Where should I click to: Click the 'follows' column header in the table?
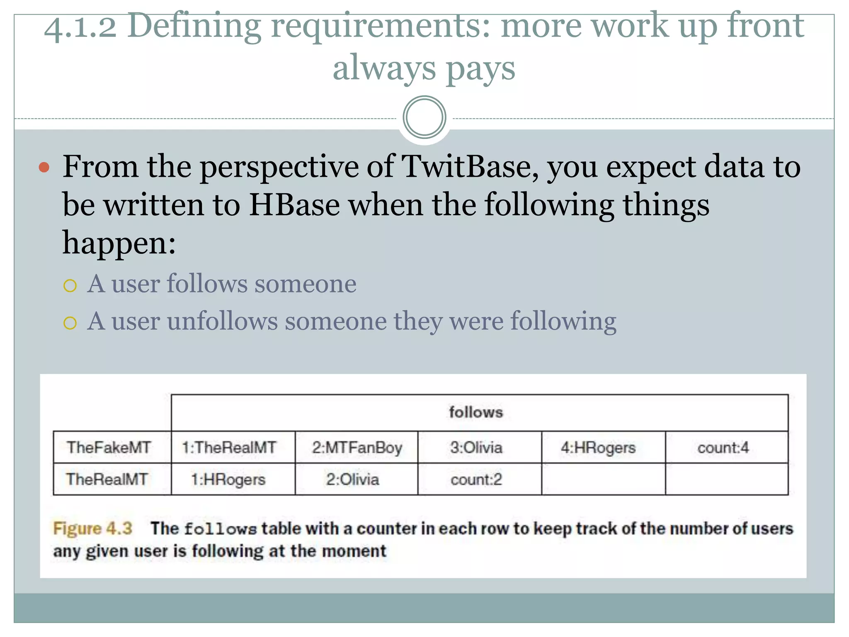point(475,412)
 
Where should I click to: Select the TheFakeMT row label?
point(109,447)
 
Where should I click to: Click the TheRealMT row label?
point(107,479)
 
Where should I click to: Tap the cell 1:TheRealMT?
point(229,447)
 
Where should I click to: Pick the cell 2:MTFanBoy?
point(357,448)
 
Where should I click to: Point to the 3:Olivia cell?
point(476,447)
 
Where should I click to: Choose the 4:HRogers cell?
point(598,448)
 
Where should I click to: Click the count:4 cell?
point(723,447)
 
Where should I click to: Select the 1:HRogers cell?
point(228,479)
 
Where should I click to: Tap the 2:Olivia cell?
point(352,479)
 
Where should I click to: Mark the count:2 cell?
point(476,479)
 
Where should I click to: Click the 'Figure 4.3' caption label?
point(93,528)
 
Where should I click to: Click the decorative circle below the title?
point(424,117)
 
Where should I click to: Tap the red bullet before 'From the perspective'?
point(44,168)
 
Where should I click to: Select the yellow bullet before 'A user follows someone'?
point(70,286)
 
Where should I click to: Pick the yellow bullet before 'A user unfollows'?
point(70,323)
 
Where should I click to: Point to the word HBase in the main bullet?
point(294,205)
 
